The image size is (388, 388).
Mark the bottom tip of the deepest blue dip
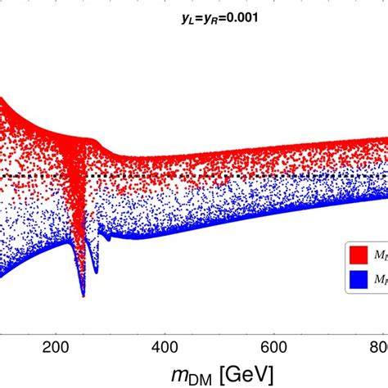pos(83,296)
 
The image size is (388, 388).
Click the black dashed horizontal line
pos(246,175)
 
